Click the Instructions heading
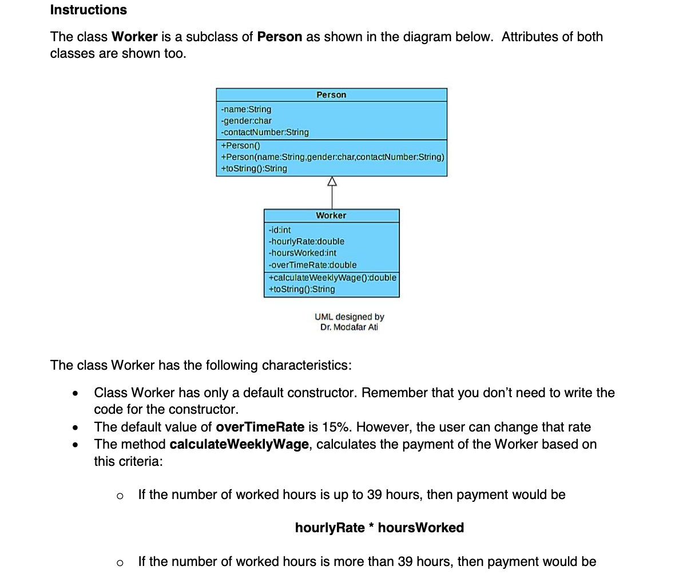[x=89, y=10]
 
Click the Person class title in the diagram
[x=331, y=95]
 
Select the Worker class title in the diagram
[x=331, y=216]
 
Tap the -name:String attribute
[x=246, y=109]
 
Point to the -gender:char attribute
[x=246, y=121]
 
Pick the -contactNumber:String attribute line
[x=265, y=132]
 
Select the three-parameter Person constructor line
[x=332, y=157]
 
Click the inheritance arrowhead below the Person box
[x=332, y=181]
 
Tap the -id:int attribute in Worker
[x=280, y=230]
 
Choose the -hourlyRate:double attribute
[x=307, y=242]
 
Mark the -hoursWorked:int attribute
[x=303, y=253]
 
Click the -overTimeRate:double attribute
[x=312, y=265]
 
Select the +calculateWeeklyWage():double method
[x=332, y=278]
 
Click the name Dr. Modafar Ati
[x=349, y=327]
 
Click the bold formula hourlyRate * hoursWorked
[x=379, y=528]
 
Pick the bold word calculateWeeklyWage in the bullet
[x=239, y=444]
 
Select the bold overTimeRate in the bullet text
[x=260, y=427]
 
